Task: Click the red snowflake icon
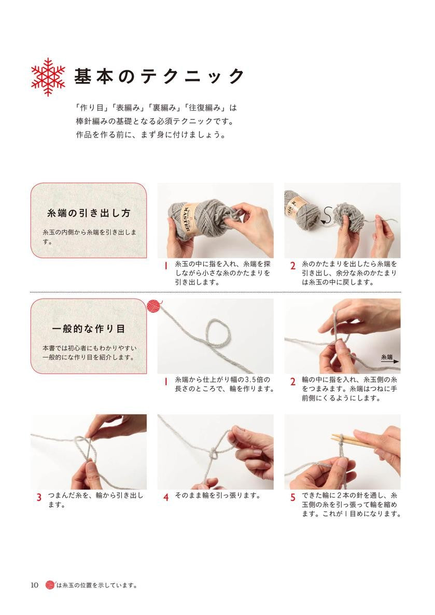pos(48,77)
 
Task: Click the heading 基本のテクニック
pos(159,76)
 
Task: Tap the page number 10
pos(35,585)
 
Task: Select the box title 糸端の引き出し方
pos(89,213)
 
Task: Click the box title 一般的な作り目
pos(89,329)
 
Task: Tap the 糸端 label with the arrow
pos(389,359)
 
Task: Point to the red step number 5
pos(292,497)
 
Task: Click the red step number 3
pos(39,497)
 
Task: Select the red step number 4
pos(166,497)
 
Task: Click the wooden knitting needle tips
pos(340,438)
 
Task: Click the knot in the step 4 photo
pos(214,454)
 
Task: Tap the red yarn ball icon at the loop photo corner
pos(154,306)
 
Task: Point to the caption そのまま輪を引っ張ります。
pos(218,495)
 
